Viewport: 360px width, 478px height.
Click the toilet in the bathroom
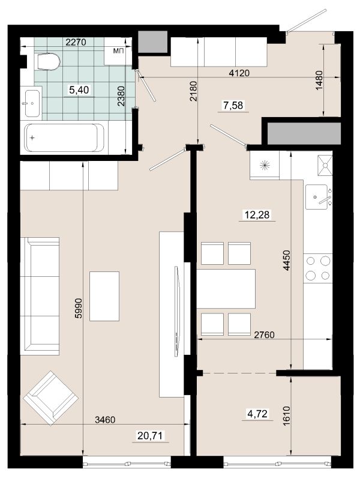click(x=48, y=62)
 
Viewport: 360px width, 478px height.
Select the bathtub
click(x=65, y=138)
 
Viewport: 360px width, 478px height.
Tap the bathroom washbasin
click(x=32, y=103)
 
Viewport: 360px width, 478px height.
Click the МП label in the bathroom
click(x=118, y=51)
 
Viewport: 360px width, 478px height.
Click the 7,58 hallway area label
click(x=233, y=106)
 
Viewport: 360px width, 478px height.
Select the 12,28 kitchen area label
click(x=257, y=214)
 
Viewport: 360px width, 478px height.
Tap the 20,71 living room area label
click(x=151, y=436)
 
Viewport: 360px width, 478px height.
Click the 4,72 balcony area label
click(x=257, y=414)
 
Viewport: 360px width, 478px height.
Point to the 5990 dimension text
click(x=79, y=308)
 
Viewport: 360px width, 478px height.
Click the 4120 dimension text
click(x=239, y=73)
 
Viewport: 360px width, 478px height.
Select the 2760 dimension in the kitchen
click(x=265, y=335)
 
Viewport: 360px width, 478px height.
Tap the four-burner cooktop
click(x=318, y=268)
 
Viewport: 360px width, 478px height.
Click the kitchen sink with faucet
click(x=317, y=197)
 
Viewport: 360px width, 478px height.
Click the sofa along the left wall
click(x=40, y=296)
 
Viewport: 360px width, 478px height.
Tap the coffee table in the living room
click(x=104, y=296)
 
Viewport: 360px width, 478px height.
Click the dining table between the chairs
click(x=226, y=289)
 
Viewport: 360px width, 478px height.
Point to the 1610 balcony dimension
click(x=286, y=416)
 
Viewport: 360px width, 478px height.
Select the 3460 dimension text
click(x=106, y=420)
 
